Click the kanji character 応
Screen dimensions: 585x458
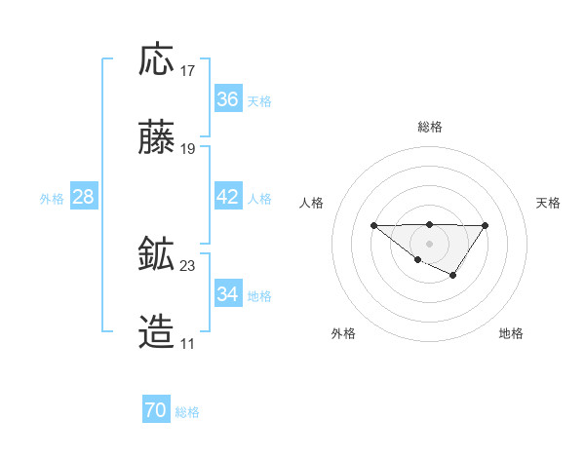pyautogui.click(x=157, y=59)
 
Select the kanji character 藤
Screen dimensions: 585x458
pyautogui.click(x=157, y=139)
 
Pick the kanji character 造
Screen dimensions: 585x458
pyautogui.click(x=157, y=333)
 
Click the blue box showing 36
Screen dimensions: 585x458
pyautogui.click(x=227, y=99)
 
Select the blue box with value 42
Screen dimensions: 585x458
pyautogui.click(x=227, y=197)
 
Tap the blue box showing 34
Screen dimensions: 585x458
pyautogui.click(x=227, y=294)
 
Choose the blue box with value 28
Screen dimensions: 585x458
pyautogui.click(x=83, y=197)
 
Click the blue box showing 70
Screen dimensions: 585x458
pyautogui.click(x=155, y=411)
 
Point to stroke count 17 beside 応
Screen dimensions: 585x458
pyautogui.click(x=188, y=71)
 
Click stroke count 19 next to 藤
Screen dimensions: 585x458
pyautogui.click(x=188, y=150)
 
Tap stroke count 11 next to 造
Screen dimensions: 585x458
pyautogui.click(x=187, y=344)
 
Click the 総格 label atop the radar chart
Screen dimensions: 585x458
pyautogui.click(x=429, y=127)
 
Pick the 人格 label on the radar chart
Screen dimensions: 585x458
pyautogui.click(x=312, y=203)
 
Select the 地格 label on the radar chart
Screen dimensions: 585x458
pyautogui.click(x=511, y=333)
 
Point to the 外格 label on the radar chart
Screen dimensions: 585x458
pyautogui.click(x=343, y=333)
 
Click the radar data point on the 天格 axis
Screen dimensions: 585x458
pyautogui.click(x=485, y=226)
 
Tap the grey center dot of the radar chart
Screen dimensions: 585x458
pyautogui.click(x=429, y=244)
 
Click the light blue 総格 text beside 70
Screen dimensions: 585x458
pyautogui.click(x=187, y=412)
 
